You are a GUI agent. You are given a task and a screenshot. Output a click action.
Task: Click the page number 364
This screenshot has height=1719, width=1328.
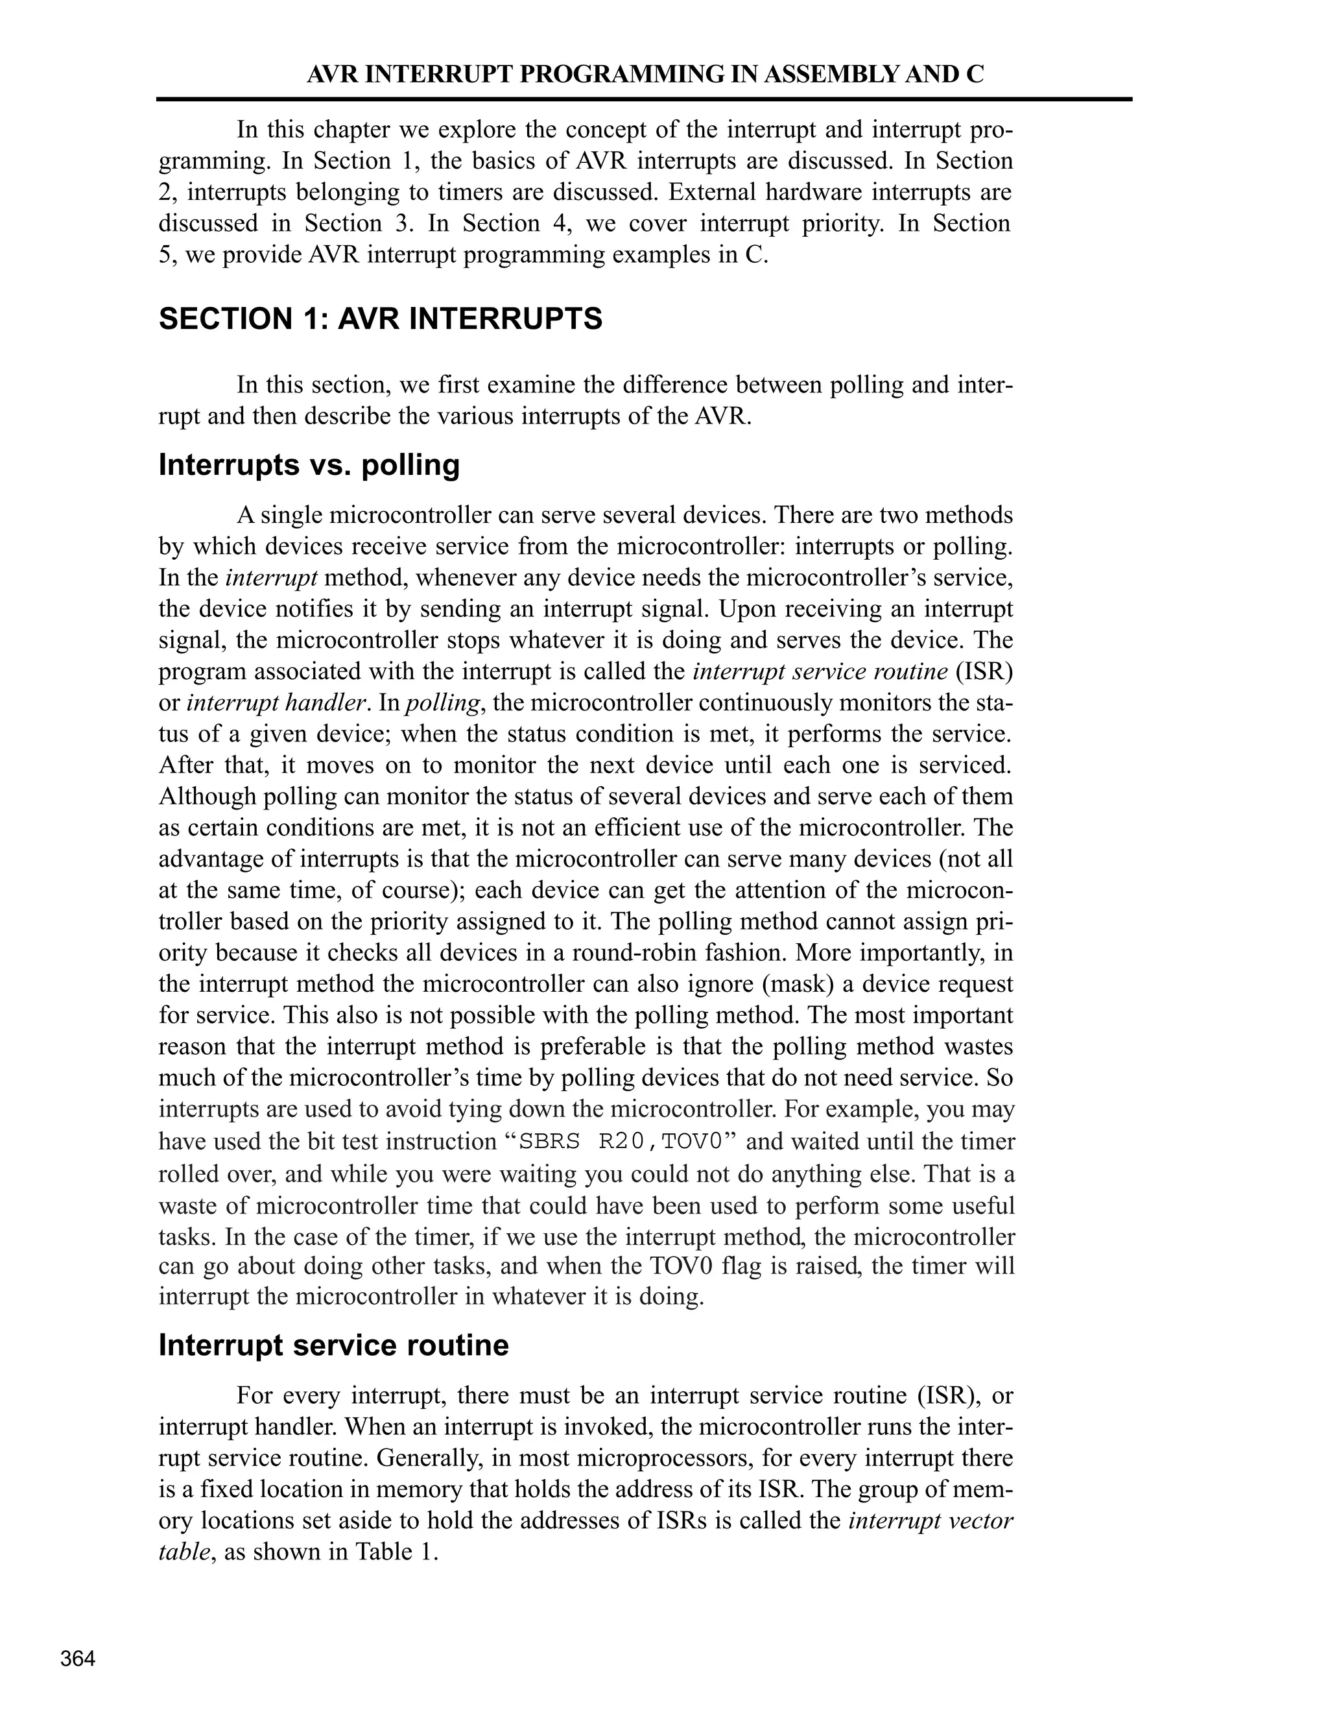click(78, 1659)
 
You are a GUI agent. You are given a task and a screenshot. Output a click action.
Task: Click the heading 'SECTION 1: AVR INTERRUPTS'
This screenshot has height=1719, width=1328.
click(380, 319)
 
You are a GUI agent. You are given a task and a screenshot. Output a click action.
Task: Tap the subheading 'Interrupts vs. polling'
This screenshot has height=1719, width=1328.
click(309, 464)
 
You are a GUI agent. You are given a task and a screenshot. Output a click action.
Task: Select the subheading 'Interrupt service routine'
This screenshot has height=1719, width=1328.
click(333, 1345)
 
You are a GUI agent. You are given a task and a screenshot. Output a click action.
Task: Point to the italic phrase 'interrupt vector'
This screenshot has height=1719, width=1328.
click(931, 1520)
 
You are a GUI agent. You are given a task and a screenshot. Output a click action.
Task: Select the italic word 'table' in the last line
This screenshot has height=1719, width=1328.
click(184, 1552)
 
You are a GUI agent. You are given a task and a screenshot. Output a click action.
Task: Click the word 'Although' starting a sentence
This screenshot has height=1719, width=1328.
click(206, 796)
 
